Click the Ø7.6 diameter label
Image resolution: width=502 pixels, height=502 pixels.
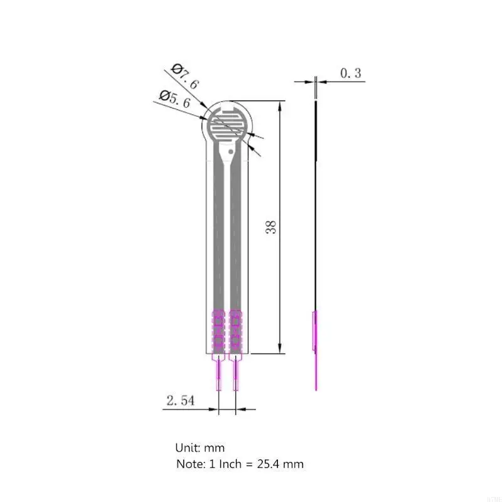[x=184, y=76]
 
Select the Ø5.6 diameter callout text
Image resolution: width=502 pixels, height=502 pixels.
[x=174, y=99]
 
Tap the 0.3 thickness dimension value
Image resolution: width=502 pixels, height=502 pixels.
[x=351, y=73]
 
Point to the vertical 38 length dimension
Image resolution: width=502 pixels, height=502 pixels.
[x=271, y=227]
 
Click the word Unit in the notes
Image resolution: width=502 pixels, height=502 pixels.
[x=186, y=448]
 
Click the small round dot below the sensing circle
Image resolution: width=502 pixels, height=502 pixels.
[x=232, y=151]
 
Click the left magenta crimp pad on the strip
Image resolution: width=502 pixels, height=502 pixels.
[x=218, y=329]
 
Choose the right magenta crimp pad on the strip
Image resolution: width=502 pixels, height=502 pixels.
[x=236, y=329]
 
